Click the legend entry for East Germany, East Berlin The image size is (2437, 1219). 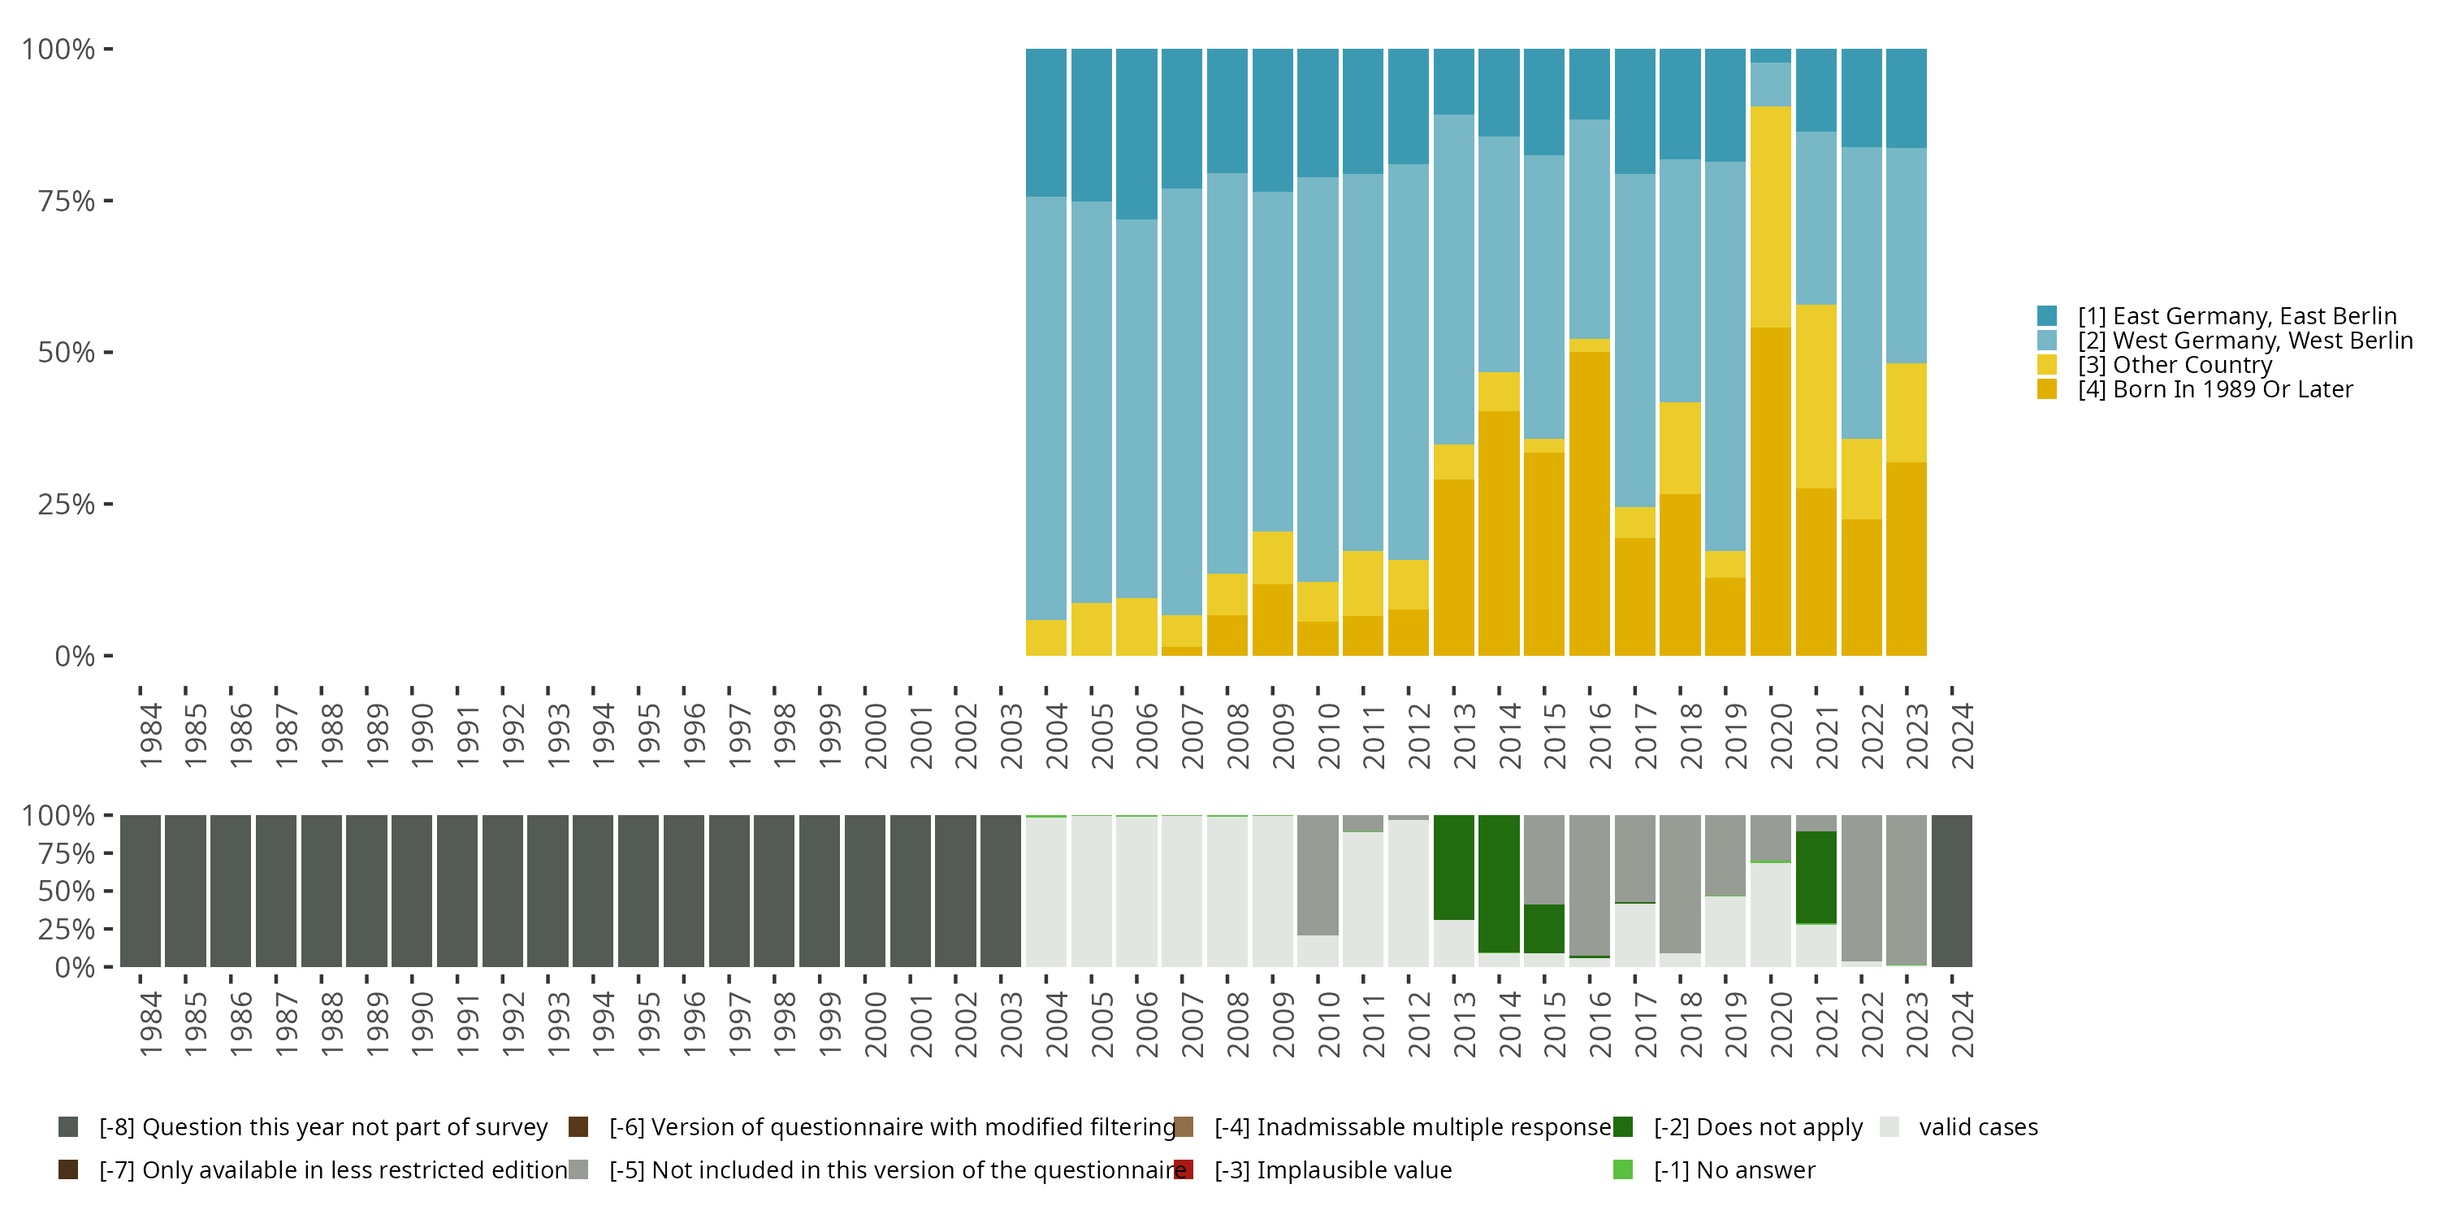[2236, 316]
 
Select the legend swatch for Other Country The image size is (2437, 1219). [2047, 364]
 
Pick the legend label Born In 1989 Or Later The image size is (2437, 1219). [2214, 389]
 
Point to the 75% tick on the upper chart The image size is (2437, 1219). [108, 201]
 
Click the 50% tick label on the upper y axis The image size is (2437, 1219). [67, 353]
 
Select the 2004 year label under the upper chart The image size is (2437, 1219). [1056, 735]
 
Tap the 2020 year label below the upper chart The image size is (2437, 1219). [1781, 735]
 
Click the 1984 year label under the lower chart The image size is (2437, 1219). [150, 1024]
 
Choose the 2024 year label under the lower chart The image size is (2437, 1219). [1962, 1024]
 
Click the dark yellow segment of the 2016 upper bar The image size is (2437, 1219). [1590, 501]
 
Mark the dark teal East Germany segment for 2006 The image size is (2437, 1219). [1136, 133]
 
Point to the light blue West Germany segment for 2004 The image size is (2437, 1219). [1046, 407]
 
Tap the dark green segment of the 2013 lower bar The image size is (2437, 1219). [1453, 866]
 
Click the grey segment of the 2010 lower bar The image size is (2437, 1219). [1318, 874]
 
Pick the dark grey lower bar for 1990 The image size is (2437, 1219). [412, 891]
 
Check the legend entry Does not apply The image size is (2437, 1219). [1758, 1127]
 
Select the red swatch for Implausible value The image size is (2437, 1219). [1184, 1169]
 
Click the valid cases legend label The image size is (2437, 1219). [1977, 1127]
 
